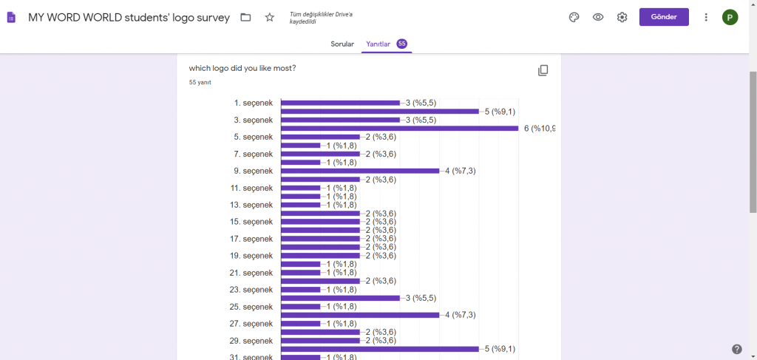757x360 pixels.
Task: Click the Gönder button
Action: coord(663,17)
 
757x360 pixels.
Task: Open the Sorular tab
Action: coord(342,44)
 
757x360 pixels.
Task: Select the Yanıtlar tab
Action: coord(378,44)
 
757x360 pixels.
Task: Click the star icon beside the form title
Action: coord(269,17)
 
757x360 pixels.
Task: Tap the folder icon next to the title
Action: coord(246,17)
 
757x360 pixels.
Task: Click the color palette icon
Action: coord(574,17)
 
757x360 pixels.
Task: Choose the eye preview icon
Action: coord(598,17)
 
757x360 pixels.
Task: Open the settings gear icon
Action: coord(622,17)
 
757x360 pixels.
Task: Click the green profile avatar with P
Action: coord(730,17)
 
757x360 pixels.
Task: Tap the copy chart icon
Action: coord(543,70)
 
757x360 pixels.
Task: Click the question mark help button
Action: coord(736,349)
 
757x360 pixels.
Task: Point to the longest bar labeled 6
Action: coord(399,129)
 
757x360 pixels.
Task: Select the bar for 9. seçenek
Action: coord(360,171)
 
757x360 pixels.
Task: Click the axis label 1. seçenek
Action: coord(253,103)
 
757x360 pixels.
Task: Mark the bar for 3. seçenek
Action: coord(340,120)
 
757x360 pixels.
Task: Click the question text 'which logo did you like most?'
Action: coord(242,68)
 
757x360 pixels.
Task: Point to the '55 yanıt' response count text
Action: coord(200,83)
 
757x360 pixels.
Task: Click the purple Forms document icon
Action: coord(11,17)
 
